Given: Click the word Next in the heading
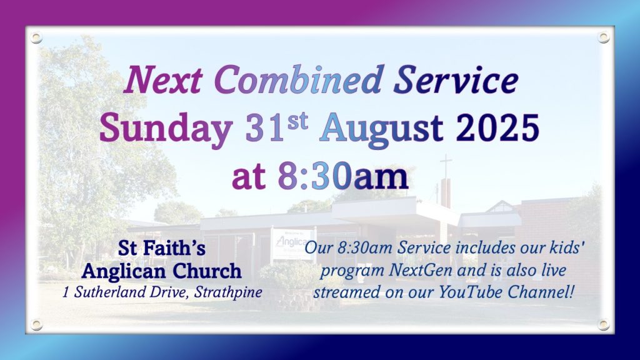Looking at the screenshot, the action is click(163, 79).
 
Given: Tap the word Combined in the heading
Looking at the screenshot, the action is click(298, 79).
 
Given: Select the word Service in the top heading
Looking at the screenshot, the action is click(456, 79).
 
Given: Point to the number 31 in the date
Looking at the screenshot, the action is click(264, 127).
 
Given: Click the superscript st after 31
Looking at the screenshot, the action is click(297, 122).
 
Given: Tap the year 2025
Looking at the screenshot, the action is click(497, 127).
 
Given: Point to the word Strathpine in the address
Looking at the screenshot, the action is click(228, 292).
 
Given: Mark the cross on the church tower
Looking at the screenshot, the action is click(446, 166).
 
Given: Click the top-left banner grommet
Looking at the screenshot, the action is click(36, 38).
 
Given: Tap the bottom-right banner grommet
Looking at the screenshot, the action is click(603, 324).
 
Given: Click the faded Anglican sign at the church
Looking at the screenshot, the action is click(292, 244).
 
